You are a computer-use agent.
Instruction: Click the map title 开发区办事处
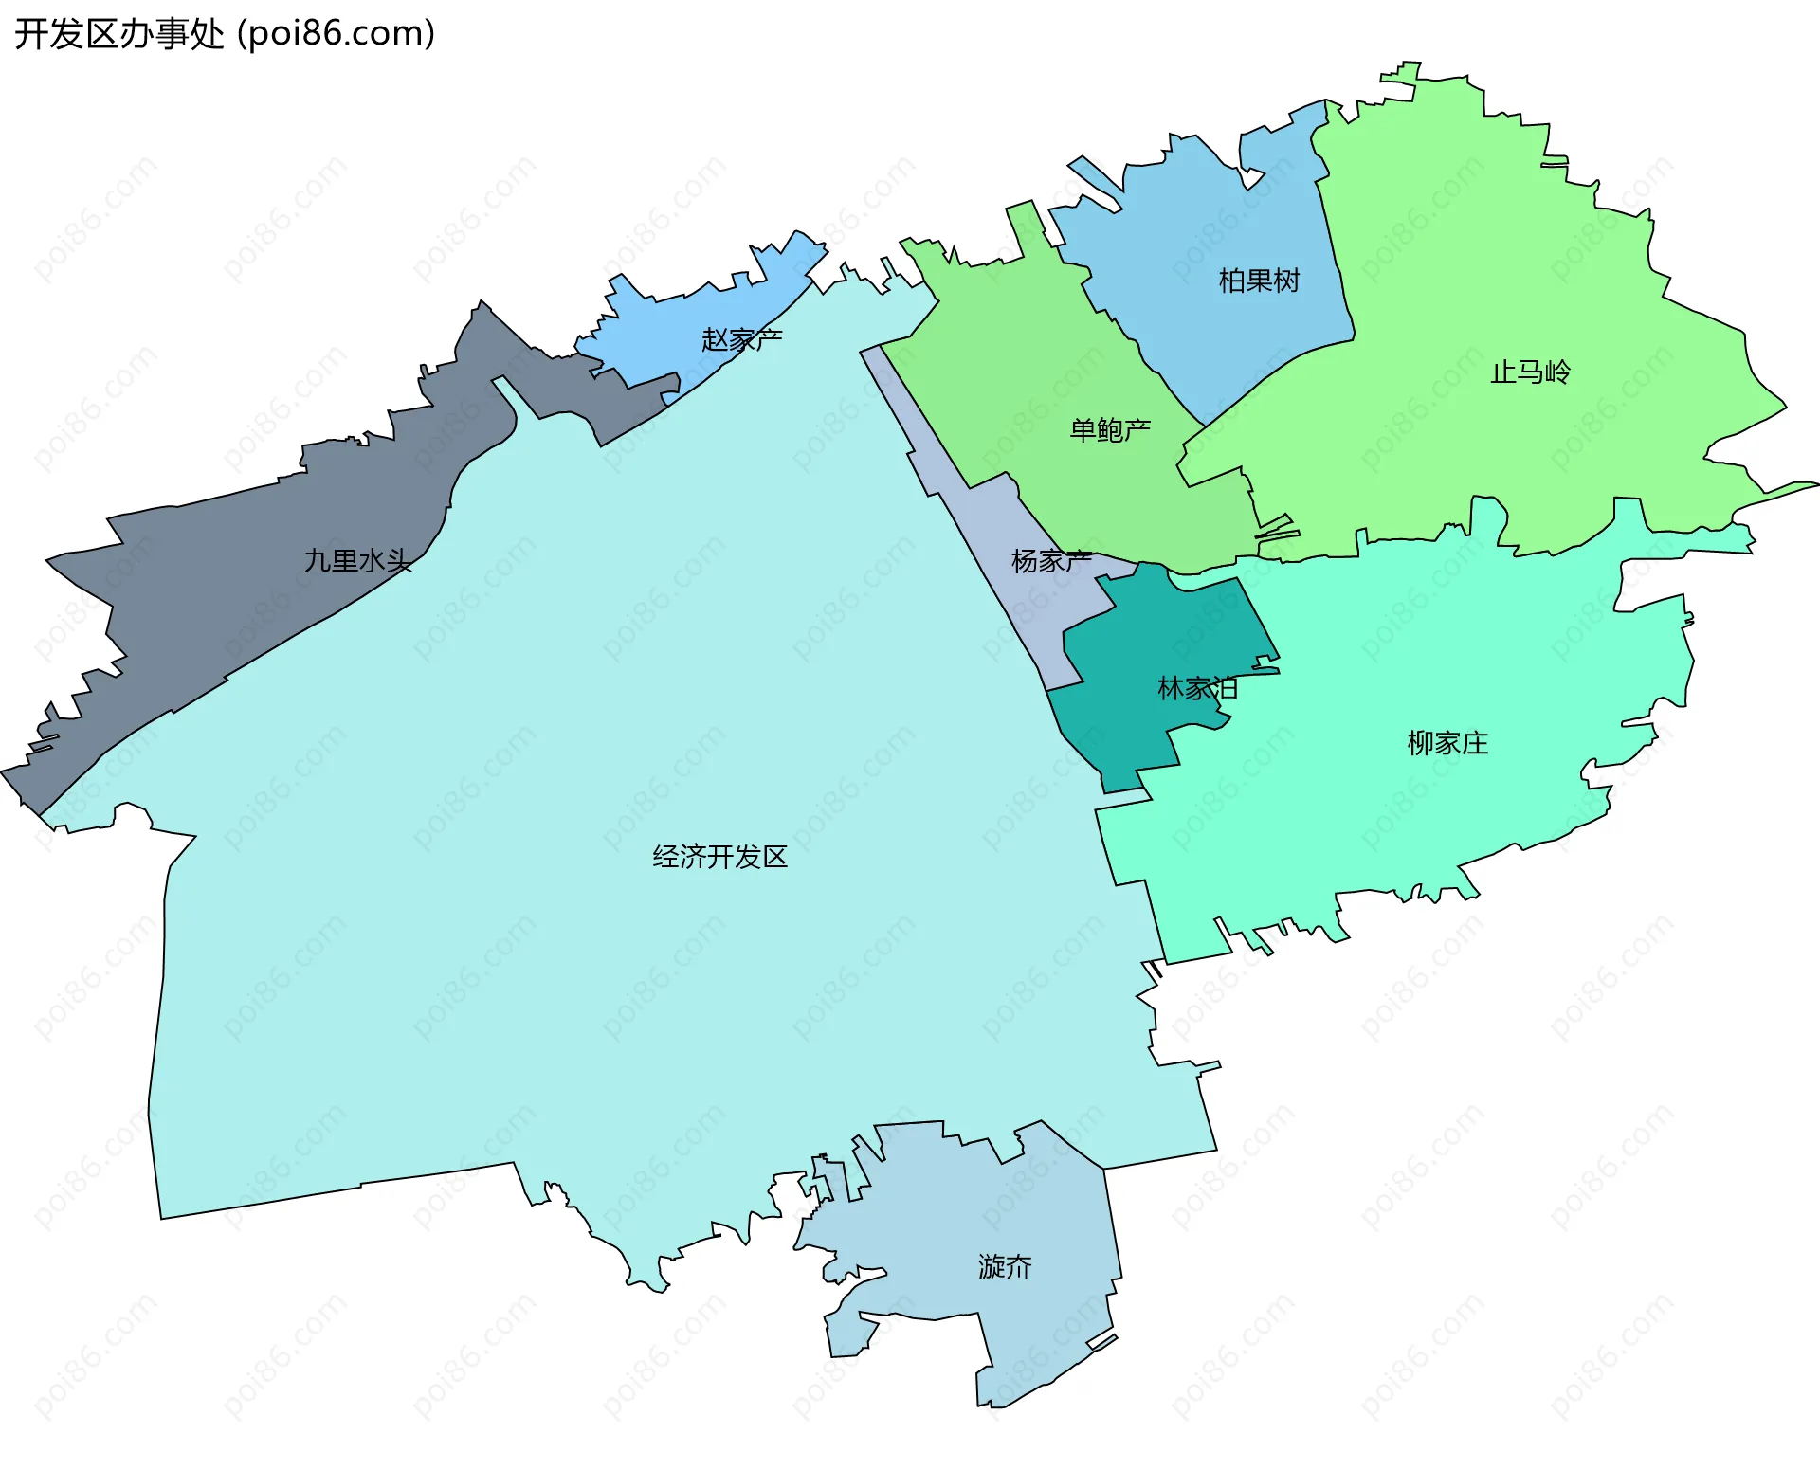pyautogui.click(x=118, y=34)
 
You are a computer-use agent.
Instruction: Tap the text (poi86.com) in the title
pyautogui.click(x=337, y=34)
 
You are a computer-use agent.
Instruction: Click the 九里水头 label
pyautogui.click(x=357, y=561)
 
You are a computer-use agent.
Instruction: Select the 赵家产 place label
pyautogui.click(x=741, y=339)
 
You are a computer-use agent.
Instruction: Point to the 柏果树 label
pyautogui.click(x=1259, y=281)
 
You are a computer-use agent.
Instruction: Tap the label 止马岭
pyautogui.click(x=1530, y=372)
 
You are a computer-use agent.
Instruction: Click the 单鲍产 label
pyautogui.click(x=1110, y=431)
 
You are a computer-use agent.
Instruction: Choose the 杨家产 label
pyautogui.click(x=1051, y=562)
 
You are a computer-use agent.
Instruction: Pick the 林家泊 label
pyautogui.click(x=1197, y=689)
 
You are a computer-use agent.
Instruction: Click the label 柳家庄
pyautogui.click(x=1447, y=744)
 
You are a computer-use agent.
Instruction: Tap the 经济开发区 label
pyautogui.click(x=719, y=858)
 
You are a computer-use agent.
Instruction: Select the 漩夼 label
pyautogui.click(x=1005, y=1267)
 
